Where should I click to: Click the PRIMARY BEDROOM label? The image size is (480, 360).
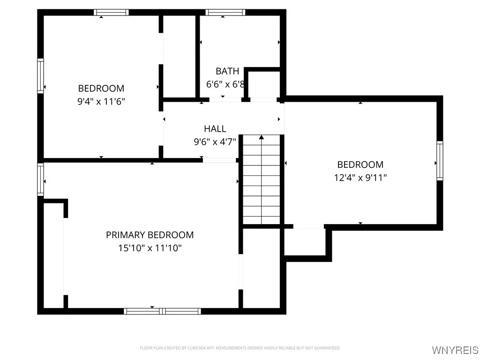[x=150, y=235]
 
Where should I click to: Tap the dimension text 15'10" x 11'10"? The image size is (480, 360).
[x=150, y=248]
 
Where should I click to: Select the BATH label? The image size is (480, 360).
[x=227, y=71]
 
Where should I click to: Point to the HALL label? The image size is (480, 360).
[x=215, y=128]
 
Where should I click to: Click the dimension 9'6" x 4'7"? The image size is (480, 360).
[x=215, y=141]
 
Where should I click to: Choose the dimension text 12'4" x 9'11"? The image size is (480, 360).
[x=360, y=178]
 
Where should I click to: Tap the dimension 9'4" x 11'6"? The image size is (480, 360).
[x=101, y=101]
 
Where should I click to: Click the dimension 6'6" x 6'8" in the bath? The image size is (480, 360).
[x=225, y=84]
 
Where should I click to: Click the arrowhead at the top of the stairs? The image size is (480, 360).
[x=262, y=137]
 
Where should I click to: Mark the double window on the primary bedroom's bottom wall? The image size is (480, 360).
[x=162, y=311]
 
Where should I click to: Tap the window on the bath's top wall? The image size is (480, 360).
[x=225, y=13]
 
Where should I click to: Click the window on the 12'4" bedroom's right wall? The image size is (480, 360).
[x=440, y=161]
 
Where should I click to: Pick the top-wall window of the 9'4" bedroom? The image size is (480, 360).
[x=111, y=13]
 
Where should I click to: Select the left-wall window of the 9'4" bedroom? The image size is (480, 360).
[x=41, y=76]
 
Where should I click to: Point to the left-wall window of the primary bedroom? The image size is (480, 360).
[x=41, y=180]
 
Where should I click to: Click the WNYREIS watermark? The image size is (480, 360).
[x=455, y=350]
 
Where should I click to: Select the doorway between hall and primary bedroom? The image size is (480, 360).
[x=219, y=160]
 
